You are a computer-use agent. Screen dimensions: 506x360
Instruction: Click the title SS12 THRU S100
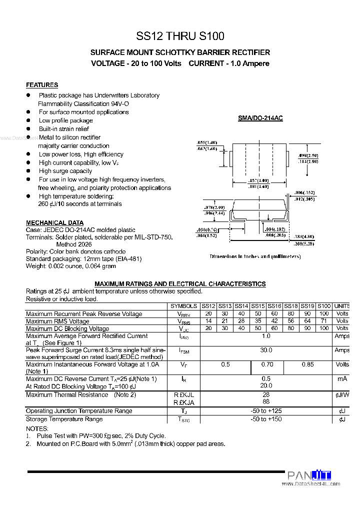point(180,36)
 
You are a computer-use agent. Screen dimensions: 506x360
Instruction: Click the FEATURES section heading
point(42,85)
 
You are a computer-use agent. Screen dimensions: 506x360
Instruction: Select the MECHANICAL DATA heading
point(54,222)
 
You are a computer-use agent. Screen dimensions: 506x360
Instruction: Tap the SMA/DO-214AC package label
point(260,118)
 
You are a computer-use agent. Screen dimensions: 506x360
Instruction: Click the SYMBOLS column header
point(183,306)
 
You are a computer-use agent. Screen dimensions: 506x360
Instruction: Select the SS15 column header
point(258,306)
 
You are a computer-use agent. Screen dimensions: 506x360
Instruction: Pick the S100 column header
point(324,306)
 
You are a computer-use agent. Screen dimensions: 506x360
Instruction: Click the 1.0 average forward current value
point(266,336)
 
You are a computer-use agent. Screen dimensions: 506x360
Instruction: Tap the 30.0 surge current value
point(266,350)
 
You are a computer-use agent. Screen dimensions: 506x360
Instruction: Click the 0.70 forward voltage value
point(267,364)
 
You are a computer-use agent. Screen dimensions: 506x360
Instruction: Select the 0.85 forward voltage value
point(307,364)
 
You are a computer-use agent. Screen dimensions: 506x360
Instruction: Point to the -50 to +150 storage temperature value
point(266,419)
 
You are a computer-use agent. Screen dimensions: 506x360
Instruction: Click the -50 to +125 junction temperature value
point(266,410)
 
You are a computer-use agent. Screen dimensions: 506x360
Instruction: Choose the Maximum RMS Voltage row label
point(57,321)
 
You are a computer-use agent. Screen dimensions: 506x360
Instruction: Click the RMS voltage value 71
point(324,321)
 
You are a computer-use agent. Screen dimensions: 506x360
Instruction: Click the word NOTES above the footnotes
point(37,428)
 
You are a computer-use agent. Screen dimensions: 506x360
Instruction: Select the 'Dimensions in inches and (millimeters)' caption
point(255,256)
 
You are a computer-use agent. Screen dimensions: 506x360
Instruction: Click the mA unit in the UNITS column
point(342,379)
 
